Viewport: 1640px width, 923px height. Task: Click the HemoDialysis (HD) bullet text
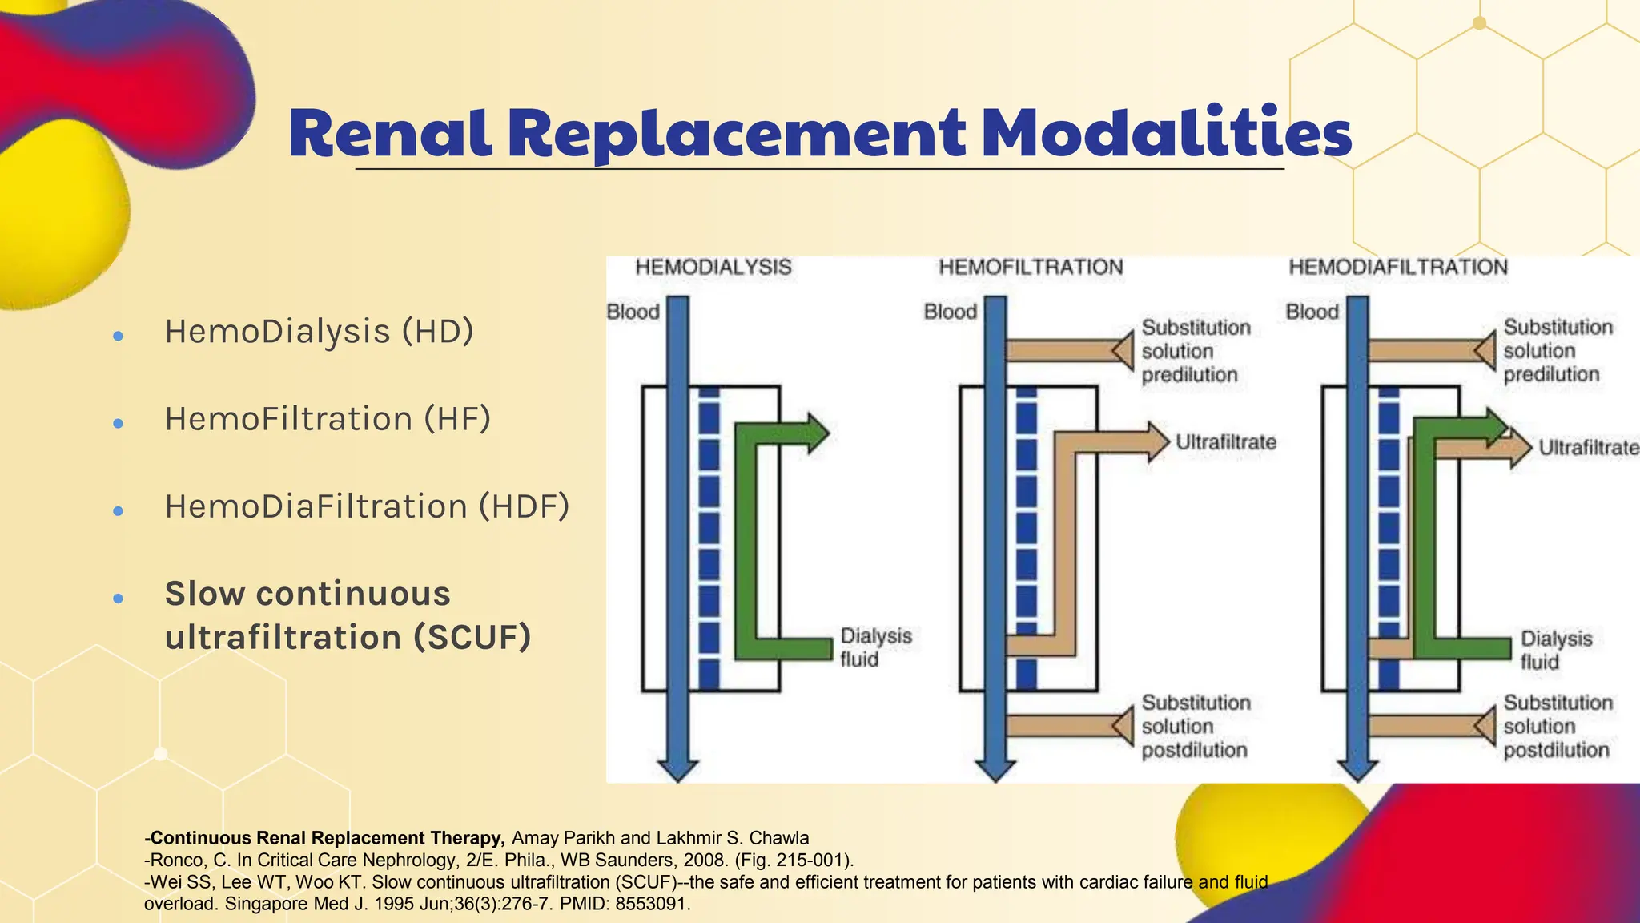319,332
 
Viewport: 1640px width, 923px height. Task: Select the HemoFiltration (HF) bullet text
328,419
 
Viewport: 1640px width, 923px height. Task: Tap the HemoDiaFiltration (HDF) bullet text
367,506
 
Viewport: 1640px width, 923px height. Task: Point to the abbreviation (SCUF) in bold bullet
472,638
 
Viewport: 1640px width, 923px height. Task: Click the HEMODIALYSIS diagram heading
713,267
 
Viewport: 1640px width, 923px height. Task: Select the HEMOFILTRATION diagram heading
1031,267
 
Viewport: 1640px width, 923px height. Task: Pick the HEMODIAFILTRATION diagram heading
1397,267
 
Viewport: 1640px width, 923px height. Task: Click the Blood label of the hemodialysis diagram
633,312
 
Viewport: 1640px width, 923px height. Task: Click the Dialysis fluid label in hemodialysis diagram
875,647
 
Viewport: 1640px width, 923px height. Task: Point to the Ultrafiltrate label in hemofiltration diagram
1225,442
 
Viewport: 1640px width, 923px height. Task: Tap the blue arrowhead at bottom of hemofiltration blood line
995,770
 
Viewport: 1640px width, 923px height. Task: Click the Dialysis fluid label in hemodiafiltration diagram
1556,650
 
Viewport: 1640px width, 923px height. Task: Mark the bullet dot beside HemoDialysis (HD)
119,336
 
